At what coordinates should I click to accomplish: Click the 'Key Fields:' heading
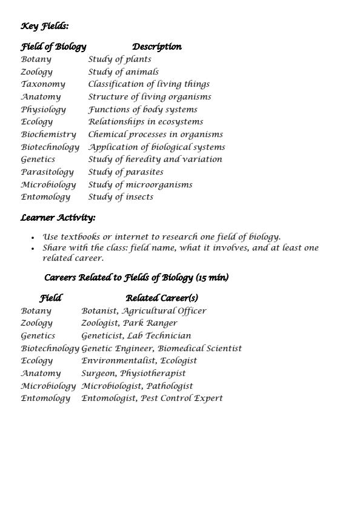point(45,26)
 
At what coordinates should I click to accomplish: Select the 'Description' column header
point(156,47)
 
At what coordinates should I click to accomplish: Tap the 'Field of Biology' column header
point(53,47)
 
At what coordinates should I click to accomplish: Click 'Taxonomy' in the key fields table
point(43,84)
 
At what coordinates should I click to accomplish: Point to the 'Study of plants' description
point(119,59)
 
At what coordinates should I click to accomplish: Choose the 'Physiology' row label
point(44,110)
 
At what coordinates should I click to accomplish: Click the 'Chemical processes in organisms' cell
point(156,135)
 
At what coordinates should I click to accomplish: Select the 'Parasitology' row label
point(47,172)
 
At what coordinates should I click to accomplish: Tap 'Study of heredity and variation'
point(155,159)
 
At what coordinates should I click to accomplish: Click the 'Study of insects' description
point(121,197)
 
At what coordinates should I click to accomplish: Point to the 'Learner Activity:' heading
point(58,218)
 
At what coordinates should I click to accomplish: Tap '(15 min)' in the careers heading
point(212,278)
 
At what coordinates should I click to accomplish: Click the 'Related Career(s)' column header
point(162,298)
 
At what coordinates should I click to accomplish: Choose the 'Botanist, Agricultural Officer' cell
point(144,311)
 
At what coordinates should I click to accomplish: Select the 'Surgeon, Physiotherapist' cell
point(133,374)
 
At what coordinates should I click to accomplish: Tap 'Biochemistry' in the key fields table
point(48,135)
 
